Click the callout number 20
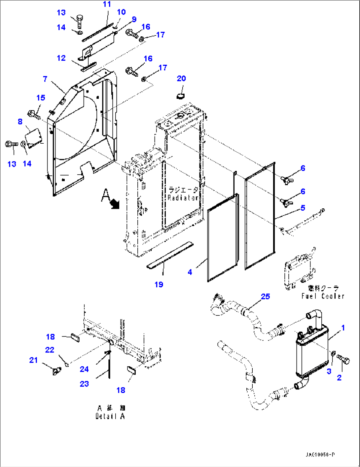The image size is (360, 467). point(181,79)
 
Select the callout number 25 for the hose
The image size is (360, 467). point(265,297)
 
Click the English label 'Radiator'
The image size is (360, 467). point(183,198)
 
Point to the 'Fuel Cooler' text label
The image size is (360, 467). point(323,296)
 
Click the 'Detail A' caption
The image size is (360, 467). point(110,416)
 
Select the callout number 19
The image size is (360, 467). point(159,285)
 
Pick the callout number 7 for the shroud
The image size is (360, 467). point(45,79)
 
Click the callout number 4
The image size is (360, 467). point(190,272)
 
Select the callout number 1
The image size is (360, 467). point(343,328)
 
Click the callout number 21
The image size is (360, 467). point(33,360)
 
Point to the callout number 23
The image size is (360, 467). point(84,384)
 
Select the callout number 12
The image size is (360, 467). point(61,58)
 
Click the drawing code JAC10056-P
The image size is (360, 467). point(320,455)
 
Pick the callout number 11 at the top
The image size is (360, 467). point(107,4)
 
